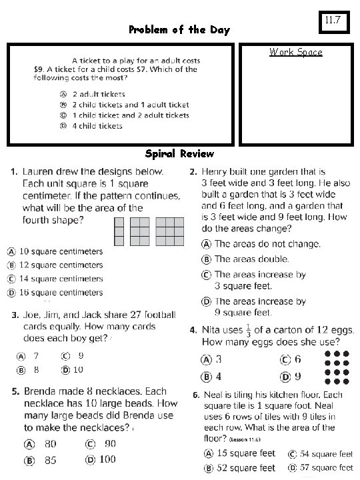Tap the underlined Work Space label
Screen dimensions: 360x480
click(295, 52)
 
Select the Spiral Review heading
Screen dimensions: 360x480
click(179, 153)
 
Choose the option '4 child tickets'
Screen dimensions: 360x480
click(97, 125)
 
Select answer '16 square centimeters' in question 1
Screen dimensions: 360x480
click(60, 292)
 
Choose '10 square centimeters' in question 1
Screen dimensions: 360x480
click(60, 251)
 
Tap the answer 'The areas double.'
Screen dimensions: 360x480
click(251, 259)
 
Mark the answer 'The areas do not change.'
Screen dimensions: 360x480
click(267, 244)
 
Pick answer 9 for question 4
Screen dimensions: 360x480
click(298, 377)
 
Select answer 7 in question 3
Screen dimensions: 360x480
click(35, 355)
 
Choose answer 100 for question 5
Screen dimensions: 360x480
click(107, 459)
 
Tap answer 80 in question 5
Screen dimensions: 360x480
click(49, 443)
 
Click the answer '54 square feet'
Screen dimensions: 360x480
click(326, 453)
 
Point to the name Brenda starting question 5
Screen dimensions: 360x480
click(41, 391)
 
